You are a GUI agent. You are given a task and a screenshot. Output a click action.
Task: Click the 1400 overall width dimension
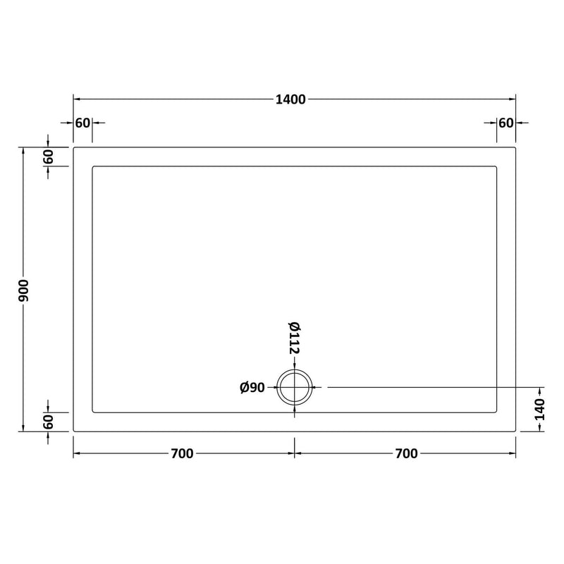pos(291,99)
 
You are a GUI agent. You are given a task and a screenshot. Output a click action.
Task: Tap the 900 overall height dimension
pos(24,289)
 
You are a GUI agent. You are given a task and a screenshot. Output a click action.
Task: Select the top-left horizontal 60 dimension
pos(82,123)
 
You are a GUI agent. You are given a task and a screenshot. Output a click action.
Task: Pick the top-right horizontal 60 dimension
pos(505,123)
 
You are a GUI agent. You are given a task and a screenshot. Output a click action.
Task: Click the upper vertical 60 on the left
pos(48,157)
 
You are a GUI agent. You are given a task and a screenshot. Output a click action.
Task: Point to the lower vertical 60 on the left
pos(48,422)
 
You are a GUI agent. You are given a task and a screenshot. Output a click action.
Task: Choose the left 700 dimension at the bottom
pos(181,453)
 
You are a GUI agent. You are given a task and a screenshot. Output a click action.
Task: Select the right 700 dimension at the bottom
pos(407,453)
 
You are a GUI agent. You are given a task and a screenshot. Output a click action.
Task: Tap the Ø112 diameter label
pos(295,336)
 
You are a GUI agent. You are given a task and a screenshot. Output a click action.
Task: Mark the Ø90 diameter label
pos(252,387)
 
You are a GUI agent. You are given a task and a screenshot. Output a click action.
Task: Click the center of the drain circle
pos(295,387)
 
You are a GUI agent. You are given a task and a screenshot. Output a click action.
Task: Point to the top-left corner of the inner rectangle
pos(93,166)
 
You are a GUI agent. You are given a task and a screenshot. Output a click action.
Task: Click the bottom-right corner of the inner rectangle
pos(498,412)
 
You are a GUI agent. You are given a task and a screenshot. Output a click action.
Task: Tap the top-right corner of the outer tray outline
pos(516,147)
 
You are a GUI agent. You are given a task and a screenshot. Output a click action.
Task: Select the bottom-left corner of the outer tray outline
pos(73,431)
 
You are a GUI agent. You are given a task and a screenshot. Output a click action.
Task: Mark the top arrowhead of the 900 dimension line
pos(24,149)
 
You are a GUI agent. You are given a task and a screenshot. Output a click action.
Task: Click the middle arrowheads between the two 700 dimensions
pos(295,453)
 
